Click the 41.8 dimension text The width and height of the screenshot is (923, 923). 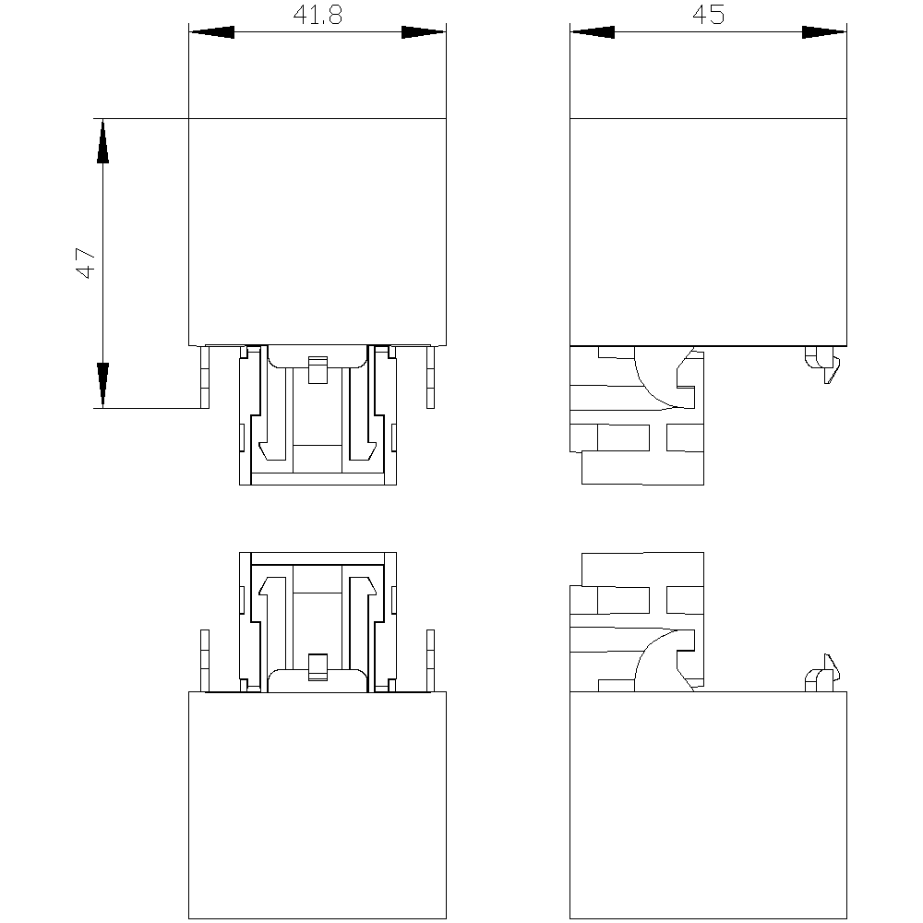pos(318,15)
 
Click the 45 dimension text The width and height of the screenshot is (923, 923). pos(708,14)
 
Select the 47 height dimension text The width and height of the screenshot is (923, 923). pos(86,262)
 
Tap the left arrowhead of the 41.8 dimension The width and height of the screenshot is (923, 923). pos(211,31)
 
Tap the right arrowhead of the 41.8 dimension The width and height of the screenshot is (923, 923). pos(424,31)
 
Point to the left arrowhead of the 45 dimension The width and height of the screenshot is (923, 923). pos(593,31)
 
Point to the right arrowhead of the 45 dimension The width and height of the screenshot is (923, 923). pos(824,31)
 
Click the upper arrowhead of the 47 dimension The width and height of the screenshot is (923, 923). pos(102,140)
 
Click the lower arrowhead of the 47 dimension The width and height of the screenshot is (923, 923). pos(102,385)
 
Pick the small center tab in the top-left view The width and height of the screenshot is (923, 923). pos(318,370)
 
